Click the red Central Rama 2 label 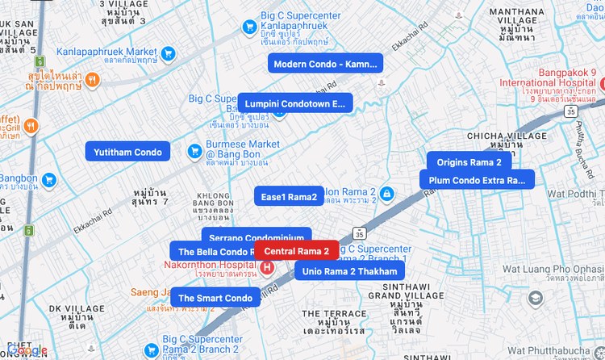pyautogui.click(x=297, y=251)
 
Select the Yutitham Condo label pyautogui.click(x=127, y=152)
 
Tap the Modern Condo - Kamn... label pyautogui.click(x=325, y=64)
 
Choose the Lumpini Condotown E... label pyautogui.click(x=294, y=103)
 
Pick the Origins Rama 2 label pyautogui.click(x=469, y=162)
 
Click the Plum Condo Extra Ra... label pyautogui.click(x=477, y=180)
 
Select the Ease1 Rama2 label pyautogui.click(x=289, y=197)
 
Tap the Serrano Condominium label pyautogui.click(x=256, y=237)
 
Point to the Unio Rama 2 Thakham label pyautogui.click(x=349, y=271)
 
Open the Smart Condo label pyautogui.click(x=215, y=298)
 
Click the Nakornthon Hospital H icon pyautogui.click(x=266, y=266)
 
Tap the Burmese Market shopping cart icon pyautogui.click(x=194, y=151)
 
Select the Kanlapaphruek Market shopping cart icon pyautogui.click(x=168, y=54)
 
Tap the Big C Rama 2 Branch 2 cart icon pyautogui.click(x=150, y=350)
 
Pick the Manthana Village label pyautogui.click(x=516, y=24)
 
